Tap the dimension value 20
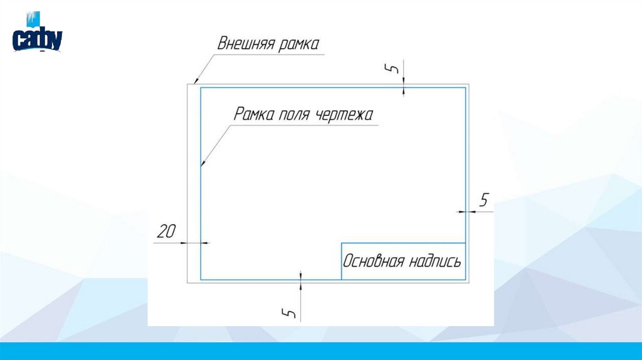pyautogui.click(x=166, y=232)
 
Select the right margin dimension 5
pyautogui.click(x=483, y=201)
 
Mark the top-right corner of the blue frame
pyautogui.click(x=465, y=88)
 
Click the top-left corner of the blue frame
pyautogui.click(x=201, y=88)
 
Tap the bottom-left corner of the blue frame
pyautogui.click(x=201, y=279)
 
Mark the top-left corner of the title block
pyautogui.click(x=341, y=242)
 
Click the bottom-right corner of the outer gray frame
pyautogui.click(x=468, y=283)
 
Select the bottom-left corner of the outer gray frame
pyautogui.click(x=188, y=283)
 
